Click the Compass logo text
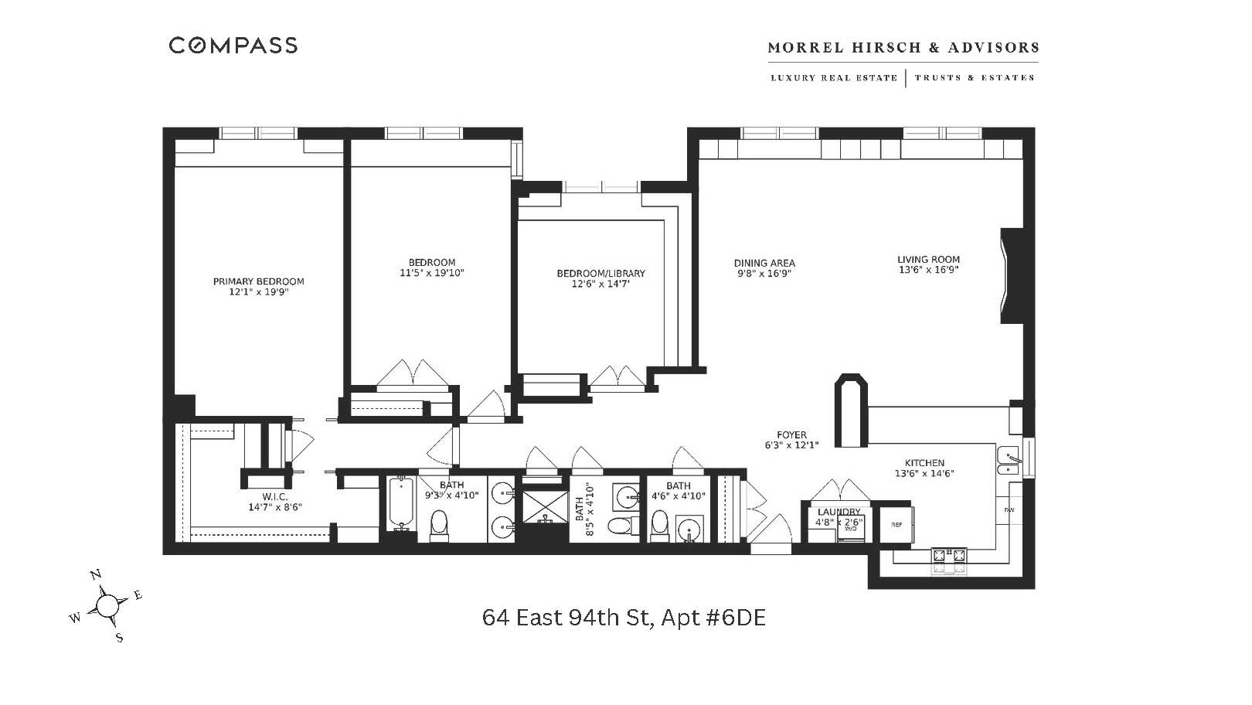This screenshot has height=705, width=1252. click(233, 46)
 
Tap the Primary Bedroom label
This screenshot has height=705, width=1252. click(258, 281)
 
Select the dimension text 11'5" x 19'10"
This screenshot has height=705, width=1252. click(431, 273)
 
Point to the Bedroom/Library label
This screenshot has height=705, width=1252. click(600, 274)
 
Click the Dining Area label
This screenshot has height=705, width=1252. click(764, 263)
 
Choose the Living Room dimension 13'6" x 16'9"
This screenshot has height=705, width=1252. click(928, 271)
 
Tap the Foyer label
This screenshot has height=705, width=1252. click(791, 435)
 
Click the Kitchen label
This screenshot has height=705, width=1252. click(924, 463)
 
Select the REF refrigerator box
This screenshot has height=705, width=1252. click(896, 525)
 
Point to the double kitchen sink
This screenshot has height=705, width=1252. click(1007, 461)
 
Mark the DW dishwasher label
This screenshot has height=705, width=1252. click(1009, 510)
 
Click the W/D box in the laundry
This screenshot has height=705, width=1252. click(851, 529)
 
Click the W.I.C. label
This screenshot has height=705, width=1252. click(274, 496)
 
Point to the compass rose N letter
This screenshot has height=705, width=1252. click(96, 574)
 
